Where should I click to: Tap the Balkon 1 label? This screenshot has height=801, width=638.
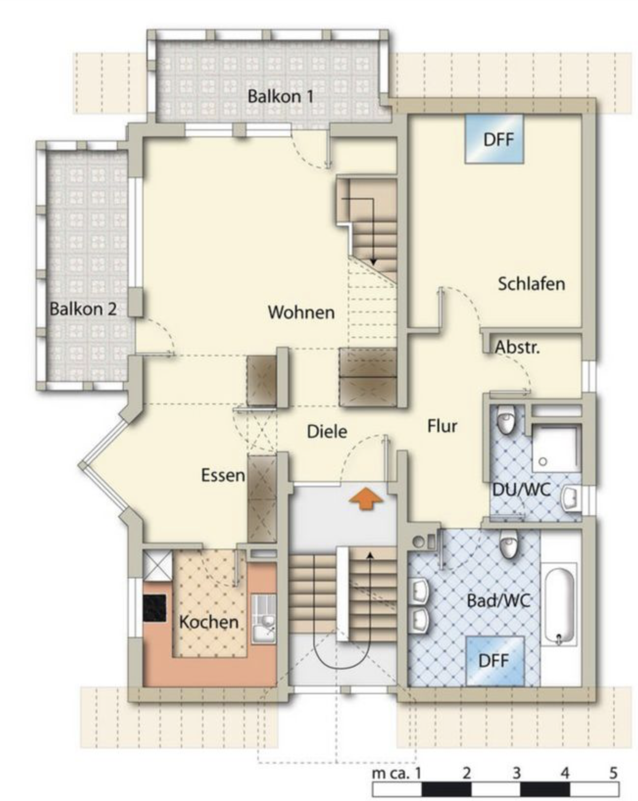tap(280, 96)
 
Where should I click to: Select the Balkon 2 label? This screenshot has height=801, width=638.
tap(83, 309)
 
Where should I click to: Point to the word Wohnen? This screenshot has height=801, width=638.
tap(301, 312)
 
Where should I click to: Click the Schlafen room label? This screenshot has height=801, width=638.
tap(531, 283)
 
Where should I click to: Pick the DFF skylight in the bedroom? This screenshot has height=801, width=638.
tap(494, 139)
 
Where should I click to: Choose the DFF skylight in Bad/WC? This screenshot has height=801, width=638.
tap(495, 660)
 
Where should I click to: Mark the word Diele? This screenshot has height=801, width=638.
tap(327, 431)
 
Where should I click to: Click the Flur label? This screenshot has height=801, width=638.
tap(442, 426)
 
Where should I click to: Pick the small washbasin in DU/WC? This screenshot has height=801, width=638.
tap(571, 497)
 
